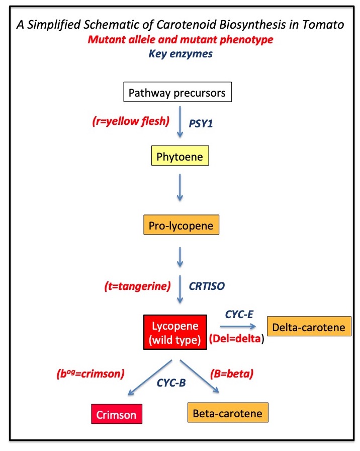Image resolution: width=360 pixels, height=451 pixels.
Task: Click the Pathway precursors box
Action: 177,92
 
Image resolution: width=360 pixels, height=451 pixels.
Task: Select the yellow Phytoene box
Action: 180,156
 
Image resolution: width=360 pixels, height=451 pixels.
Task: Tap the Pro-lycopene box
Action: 182,224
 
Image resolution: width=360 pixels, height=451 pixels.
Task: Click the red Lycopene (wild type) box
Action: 175,332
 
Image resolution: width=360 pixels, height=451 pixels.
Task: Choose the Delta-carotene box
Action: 309,327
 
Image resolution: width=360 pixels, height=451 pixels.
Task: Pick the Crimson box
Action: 117,414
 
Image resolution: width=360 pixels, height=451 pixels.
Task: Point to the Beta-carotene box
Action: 228,412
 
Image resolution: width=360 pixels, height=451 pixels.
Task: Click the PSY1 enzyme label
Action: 201,123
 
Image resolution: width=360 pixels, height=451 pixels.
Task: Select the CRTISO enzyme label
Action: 207,286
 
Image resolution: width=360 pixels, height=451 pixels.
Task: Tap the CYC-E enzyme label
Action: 239,315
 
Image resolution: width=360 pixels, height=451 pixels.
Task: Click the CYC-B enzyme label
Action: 171,383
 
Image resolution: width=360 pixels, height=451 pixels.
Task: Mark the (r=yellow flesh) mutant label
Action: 131,121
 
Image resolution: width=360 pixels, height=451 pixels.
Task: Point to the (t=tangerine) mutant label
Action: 137,286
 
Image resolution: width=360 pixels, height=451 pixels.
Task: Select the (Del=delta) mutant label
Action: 236,339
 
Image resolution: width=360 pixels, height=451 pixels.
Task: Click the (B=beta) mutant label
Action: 232,373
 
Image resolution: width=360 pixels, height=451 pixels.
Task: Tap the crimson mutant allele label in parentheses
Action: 91,373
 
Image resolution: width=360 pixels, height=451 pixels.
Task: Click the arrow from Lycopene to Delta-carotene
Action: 238,327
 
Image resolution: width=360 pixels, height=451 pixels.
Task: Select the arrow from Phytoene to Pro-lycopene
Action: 180,188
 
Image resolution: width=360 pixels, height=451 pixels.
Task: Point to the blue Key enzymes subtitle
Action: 181,54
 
